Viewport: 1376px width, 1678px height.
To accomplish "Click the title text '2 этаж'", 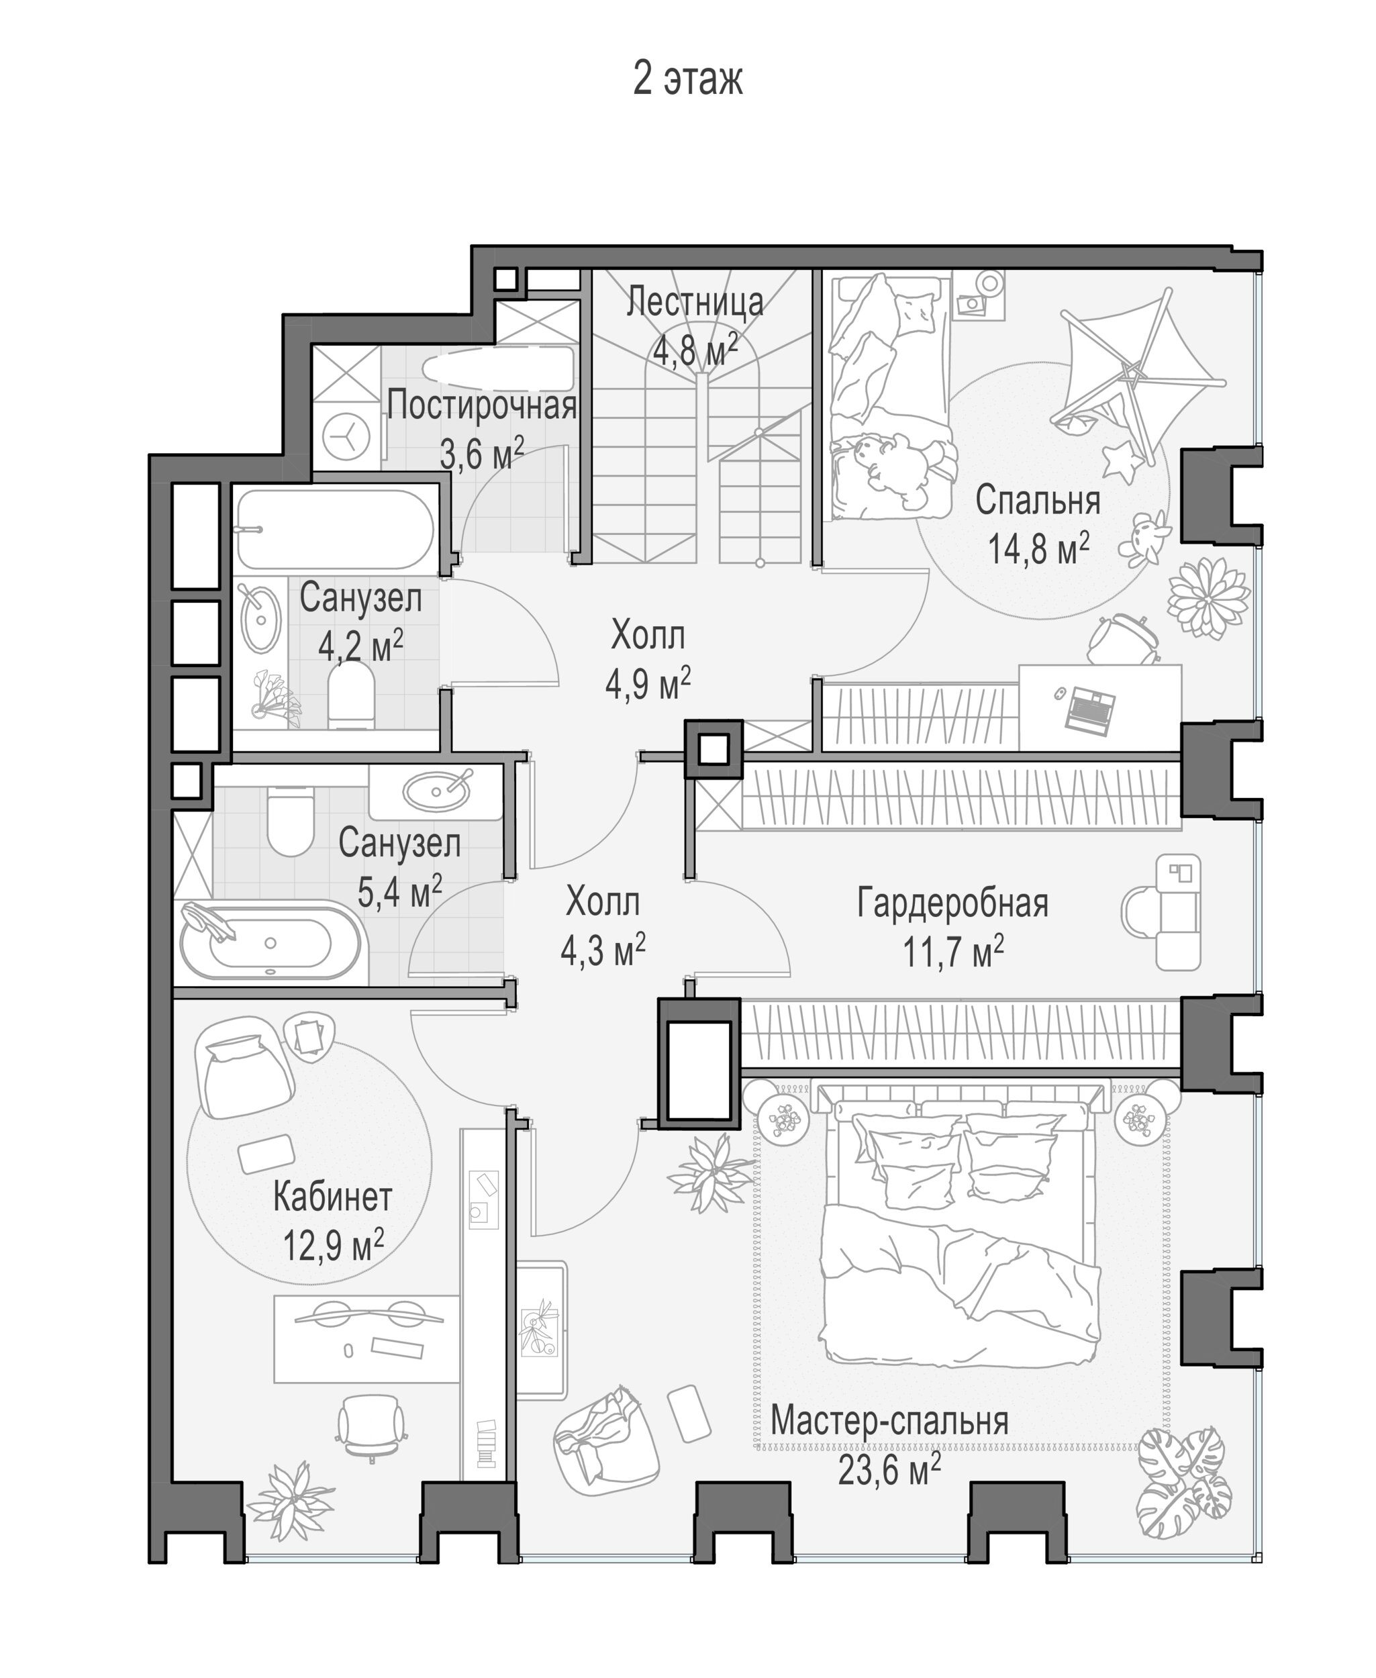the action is tap(687, 79).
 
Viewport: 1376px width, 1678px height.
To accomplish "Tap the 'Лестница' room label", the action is tap(695, 302).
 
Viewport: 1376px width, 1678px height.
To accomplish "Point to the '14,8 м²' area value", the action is tap(1038, 547).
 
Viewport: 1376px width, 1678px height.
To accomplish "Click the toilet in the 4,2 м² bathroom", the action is tap(350, 694).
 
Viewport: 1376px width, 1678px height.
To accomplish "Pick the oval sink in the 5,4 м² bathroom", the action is tap(435, 789).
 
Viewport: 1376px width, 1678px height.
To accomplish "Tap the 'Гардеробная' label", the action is tap(952, 903).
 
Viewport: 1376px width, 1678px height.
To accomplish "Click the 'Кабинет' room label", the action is tap(333, 1197).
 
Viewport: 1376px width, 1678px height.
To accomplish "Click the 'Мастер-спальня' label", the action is tap(889, 1421).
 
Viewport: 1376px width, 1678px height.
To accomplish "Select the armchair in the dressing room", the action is tap(1162, 911).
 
